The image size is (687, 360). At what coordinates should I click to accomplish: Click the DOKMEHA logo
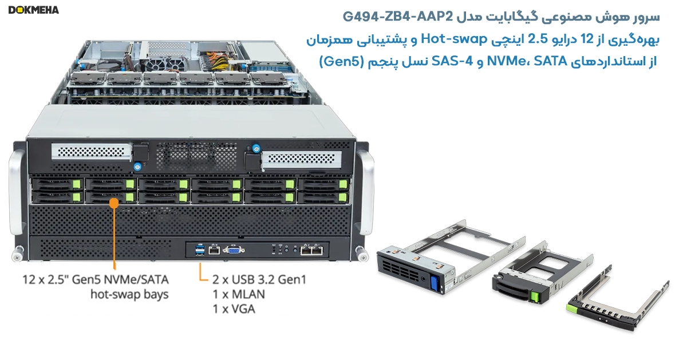[33, 10]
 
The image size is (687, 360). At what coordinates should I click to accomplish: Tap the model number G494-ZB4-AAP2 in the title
[397, 17]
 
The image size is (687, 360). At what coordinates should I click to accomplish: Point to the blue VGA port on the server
[234, 251]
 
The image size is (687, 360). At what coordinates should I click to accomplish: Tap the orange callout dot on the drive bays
[114, 203]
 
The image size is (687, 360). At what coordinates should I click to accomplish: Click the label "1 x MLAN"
[239, 294]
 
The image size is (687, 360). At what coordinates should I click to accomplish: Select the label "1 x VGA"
[234, 309]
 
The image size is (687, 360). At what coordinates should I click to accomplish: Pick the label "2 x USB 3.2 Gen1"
[259, 280]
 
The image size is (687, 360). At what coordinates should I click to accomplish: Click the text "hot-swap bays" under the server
[129, 294]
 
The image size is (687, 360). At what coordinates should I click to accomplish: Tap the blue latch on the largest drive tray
[434, 284]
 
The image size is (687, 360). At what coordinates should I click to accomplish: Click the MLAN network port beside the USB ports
[214, 251]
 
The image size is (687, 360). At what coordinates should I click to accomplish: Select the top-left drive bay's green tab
[76, 184]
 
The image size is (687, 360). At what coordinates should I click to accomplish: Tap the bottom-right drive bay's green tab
[342, 197]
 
